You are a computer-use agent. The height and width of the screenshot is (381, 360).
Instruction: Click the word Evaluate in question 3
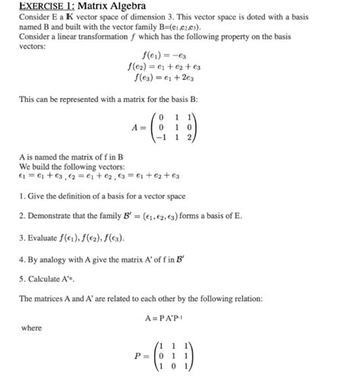(x=44, y=237)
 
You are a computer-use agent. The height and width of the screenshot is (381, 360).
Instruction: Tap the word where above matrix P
(x=32, y=329)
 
